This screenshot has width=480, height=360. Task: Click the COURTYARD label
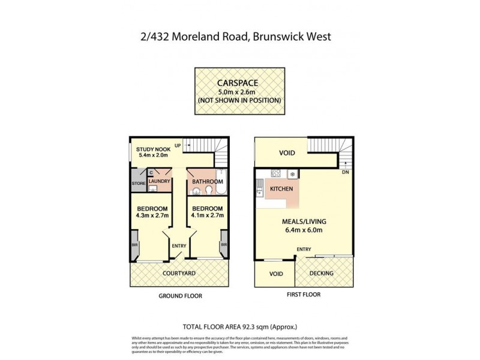[x=179, y=274]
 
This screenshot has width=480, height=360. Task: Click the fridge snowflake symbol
[x=292, y=175]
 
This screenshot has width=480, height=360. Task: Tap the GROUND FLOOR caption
[x=179, y=296]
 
